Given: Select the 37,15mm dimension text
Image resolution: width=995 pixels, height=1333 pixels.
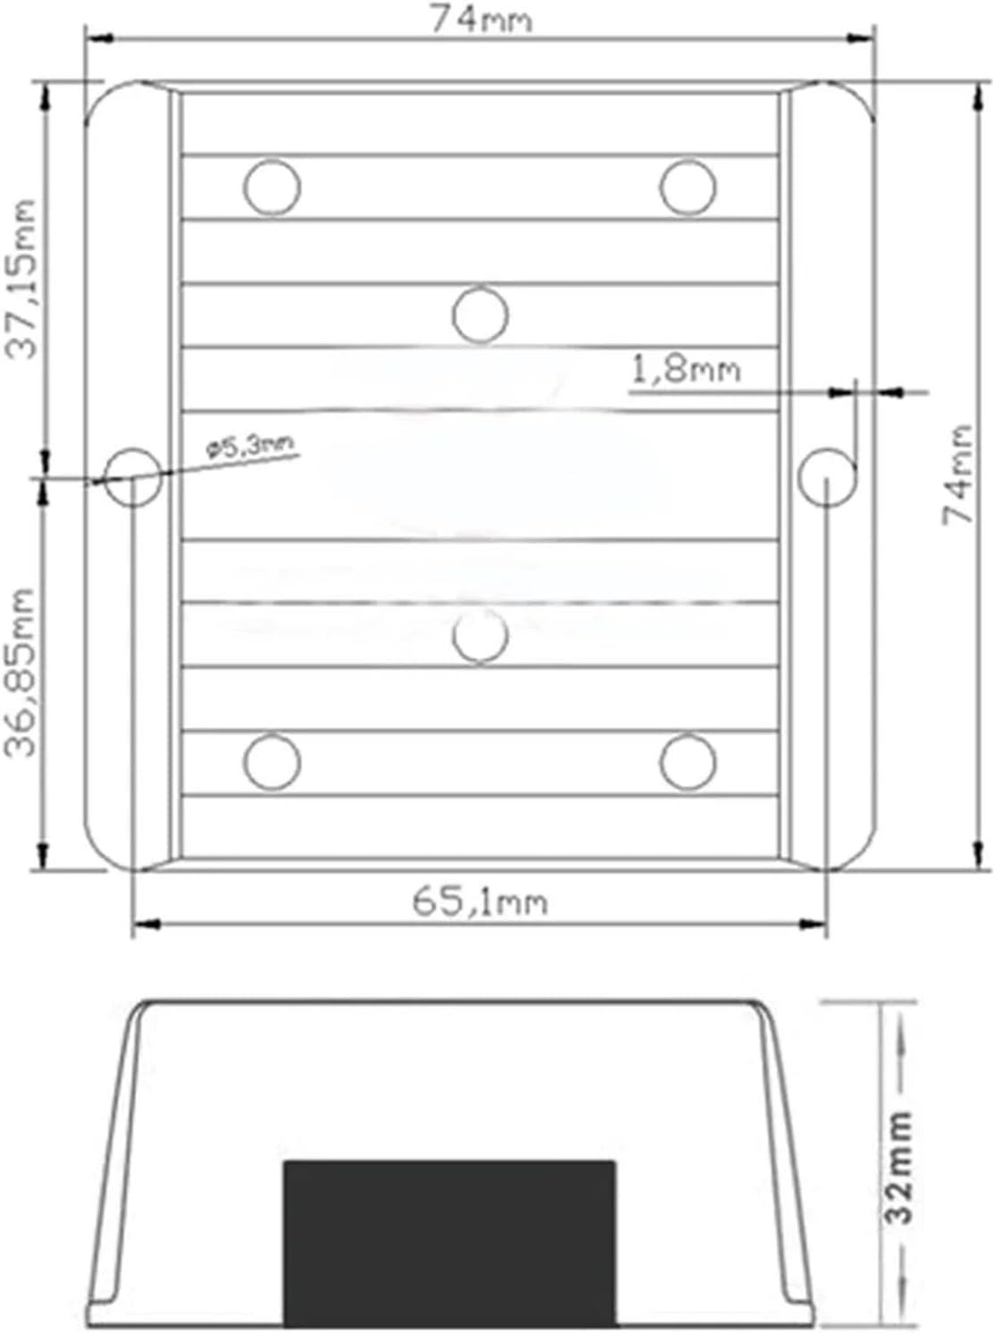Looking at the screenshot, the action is (x=21, y=279).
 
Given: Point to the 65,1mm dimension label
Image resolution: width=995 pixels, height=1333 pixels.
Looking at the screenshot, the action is (x=480, y=901).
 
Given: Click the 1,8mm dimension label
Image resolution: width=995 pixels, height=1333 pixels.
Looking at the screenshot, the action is (x=686, y=369).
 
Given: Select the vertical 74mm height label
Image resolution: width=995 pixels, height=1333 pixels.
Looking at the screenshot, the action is (x=957, y=475).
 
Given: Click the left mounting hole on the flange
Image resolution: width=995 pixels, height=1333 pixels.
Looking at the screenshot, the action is (x=134, y=477).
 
